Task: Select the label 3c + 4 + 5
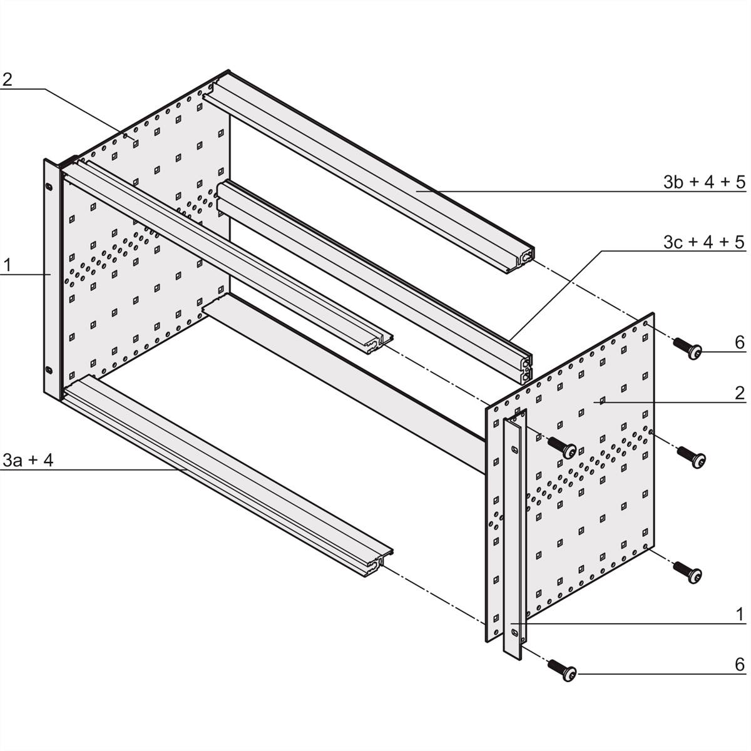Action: (x=704, y=242)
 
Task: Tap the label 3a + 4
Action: (x=28, y=461)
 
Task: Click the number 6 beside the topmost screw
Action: (x=739, y=342)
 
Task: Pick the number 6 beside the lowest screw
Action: (x=739, y=664)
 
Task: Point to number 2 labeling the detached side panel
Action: (x=739, y=393)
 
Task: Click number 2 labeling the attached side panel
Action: (x=7, y=79)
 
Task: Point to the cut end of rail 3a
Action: (x=379, y=562)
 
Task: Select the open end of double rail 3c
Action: (x=524, y=365)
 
